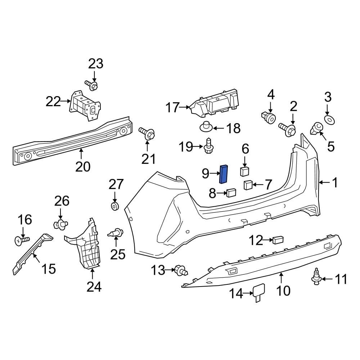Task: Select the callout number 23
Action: pyautogui.click(x=95, y=64)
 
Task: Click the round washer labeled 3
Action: pyautogui.click(x=328, y=119)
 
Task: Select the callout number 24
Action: pyautogui.click(x=94, y=287)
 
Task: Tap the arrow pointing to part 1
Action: pyautogui.click(x=324, y=183)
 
